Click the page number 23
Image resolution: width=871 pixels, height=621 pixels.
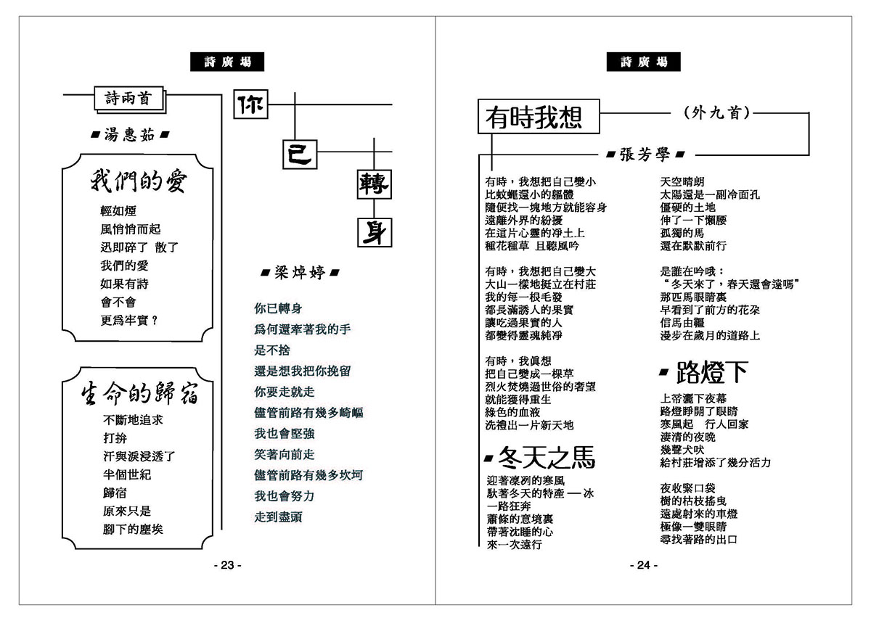(226, 565)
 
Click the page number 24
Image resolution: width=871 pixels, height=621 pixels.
(642, 565)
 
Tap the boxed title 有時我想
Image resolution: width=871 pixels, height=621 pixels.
(539, 118)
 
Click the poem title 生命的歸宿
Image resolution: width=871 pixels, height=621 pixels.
(139, 395)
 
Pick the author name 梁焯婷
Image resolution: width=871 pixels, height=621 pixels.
(299, 274)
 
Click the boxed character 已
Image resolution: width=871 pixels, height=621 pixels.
(298, 154)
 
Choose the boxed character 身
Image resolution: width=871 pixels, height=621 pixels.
(373, 232)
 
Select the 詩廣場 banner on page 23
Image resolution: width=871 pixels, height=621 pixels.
(226, 62)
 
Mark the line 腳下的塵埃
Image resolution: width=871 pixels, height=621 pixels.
(133, 529)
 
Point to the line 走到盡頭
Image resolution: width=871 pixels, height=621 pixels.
(278, 517)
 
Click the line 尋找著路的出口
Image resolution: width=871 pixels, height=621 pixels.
(699, 539)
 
